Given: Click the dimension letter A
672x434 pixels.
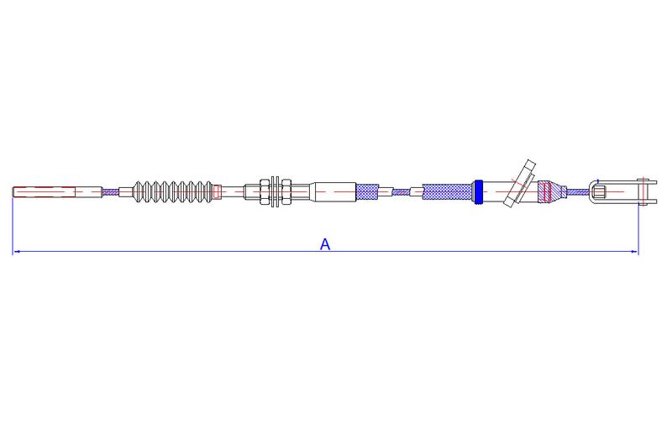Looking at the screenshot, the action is pyautogui.click(x=325, y=244).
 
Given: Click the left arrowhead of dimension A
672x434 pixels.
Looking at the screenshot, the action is pyautogui.click(x=16, y=252).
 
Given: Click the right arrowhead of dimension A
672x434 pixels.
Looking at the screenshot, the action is pyautogui.click(x=635, y=252).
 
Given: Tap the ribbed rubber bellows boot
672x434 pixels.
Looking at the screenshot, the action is pyautogui.click(x=173, y=191).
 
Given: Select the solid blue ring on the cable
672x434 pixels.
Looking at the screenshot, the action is pyautogui.click(x=479, y=191).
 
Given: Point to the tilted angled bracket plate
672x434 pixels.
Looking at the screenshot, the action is pyautogui.click(x=520, y=183).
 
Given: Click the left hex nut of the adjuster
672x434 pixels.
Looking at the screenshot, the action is pyautogui.click(x=265, y=191).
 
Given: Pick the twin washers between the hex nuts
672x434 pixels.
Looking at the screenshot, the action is pyautogui.click(x=276, y=191).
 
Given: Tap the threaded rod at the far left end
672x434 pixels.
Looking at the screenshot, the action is pyautogui.click(x=57, y=191).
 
